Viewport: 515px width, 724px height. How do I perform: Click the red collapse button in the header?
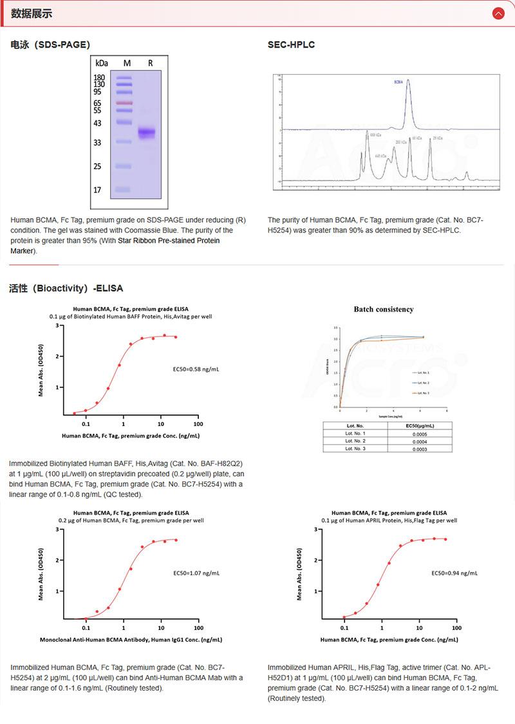(x=498, y=14)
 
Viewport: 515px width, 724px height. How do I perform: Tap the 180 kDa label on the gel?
(x=99, y=77)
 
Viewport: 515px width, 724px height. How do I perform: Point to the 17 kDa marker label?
(x=97, y=190)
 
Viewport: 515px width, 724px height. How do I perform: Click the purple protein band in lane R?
(x=147, y=133)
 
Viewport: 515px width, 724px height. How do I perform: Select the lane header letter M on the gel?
(x=127, y=63)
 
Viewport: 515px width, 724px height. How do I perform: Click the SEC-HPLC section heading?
(x=291, y=44)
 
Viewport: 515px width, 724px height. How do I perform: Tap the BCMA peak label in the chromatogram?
(x=399, y=82)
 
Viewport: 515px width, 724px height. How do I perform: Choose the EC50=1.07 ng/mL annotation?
(x=196, y=572)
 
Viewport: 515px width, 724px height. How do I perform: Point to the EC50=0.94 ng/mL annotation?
(x=454, y=572)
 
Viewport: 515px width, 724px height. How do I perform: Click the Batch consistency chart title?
(x=384, y=310)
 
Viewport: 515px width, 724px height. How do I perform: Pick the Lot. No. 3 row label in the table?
(x=355, y=448)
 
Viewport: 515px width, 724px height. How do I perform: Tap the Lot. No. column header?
(x=355, y=425)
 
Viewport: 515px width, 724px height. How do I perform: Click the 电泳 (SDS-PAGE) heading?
(x=50, y=44)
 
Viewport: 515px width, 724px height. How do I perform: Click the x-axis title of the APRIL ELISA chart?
(x=389, y=640)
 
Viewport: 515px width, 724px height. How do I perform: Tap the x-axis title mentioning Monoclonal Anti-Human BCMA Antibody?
(x=131, y=640)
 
